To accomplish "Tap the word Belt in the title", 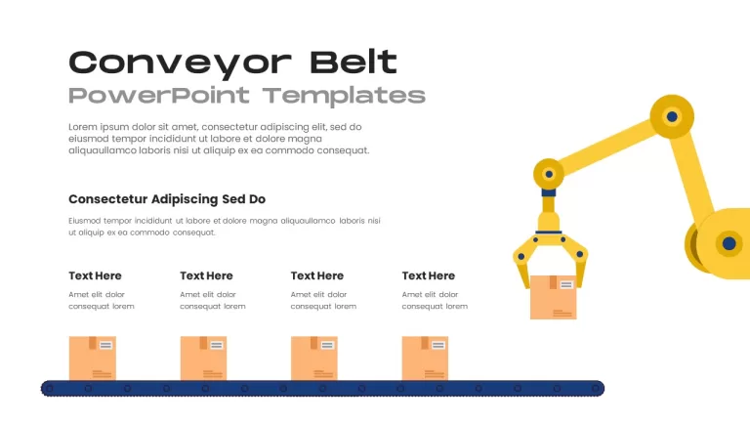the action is [x=354, y=62].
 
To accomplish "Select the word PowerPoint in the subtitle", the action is [x=159, y=96].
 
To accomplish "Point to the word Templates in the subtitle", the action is [x=344, y=96].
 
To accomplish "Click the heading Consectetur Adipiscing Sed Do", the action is [x=167, y=199].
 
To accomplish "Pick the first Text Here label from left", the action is [x=95, y=275].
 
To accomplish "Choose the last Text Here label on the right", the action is [x=429, y=275].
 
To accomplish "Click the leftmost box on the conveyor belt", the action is [x=93, y=359].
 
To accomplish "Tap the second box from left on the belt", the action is [x=204, y=359].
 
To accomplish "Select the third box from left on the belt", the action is [x=314, y=359].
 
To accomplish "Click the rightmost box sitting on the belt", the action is [x=425, y=359].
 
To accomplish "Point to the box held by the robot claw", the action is [x=554, y=297].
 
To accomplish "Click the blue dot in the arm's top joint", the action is [x=672, y=116].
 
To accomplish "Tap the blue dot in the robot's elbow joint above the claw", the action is [x=549, y=174].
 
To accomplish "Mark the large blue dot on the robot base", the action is [x=729, y=243].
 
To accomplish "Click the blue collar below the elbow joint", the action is [x=549, y=192].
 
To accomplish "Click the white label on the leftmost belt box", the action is [x=105, y=345].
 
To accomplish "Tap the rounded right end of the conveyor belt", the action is [x=598, y=389].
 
